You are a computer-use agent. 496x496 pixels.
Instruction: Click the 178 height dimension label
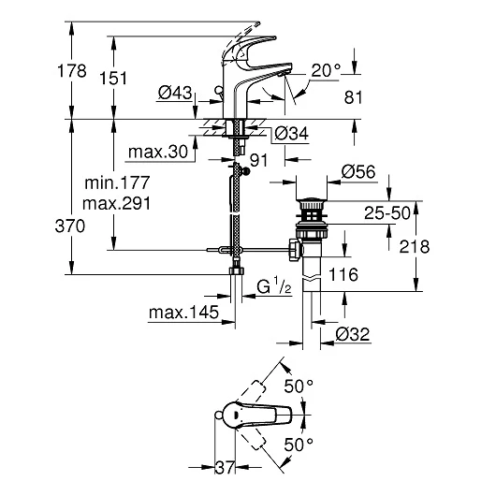click(x=72, y=70)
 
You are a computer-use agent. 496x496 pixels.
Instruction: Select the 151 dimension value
click(x=113, y=78)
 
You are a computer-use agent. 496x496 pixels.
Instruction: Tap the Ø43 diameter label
click(x=175, y=93)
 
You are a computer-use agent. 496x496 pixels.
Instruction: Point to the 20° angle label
click(x=326, y=70)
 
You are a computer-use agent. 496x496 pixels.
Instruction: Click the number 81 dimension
click(x=353, y=97)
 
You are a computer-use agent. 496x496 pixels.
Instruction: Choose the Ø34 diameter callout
click(x=291, y=134)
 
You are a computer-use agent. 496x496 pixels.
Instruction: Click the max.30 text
click(x=158, y=152)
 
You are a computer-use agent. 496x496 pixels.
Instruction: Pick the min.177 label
click(x=117, y=182)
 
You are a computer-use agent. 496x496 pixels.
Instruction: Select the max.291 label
click(x=116, y=203)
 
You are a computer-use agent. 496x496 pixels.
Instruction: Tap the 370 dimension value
click(x=70, y=226)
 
